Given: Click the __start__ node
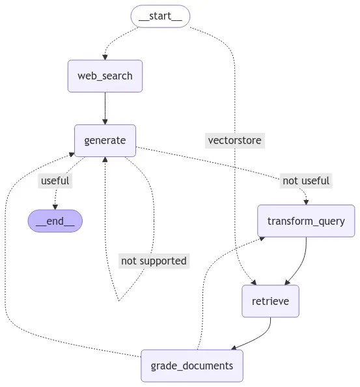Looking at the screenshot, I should [x=161, y=16].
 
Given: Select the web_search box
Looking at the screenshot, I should [x=105, y=76].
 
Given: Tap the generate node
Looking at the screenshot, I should [x=105, y=140].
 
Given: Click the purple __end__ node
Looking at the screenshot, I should [x=55, y=221].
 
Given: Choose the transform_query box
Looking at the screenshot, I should [x=306, y=221].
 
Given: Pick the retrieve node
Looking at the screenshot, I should [x=270, y=301].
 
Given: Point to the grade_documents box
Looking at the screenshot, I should [x=191, y=365].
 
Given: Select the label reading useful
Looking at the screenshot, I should [x=55, y=180].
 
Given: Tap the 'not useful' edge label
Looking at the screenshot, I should [x=306, y=180].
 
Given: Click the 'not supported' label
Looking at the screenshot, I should [x=154, y=261].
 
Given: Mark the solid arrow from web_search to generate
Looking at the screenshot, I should [x=105, y=107].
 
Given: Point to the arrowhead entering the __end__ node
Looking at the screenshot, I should [x=55, y=207].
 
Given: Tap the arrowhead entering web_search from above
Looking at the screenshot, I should [x=105, y=57].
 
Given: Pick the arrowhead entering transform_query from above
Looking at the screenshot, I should [x=306, y=202].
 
